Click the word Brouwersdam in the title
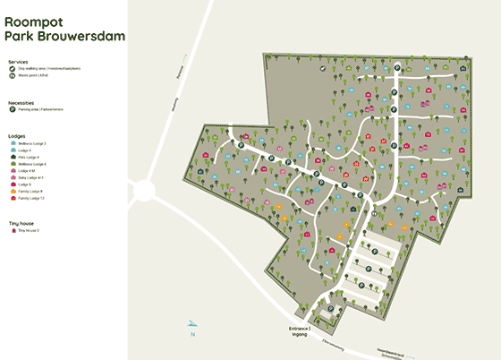77,36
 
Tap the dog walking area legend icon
12,68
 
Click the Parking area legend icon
12,110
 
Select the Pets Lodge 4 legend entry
29,157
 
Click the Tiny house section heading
22,222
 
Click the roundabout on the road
143,190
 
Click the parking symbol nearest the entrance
332,309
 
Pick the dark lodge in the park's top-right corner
463,67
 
